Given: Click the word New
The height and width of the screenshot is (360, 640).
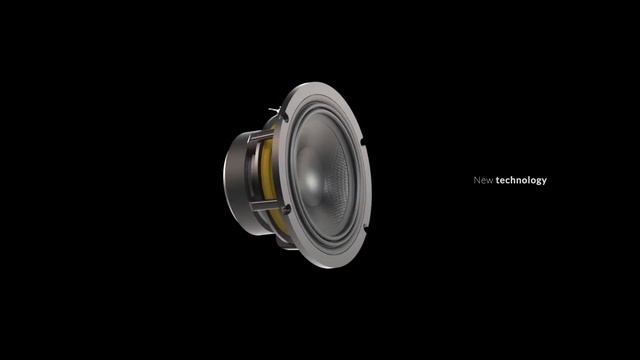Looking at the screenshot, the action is pos(483,180).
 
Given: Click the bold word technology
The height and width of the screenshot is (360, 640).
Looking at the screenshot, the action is pos(521,180).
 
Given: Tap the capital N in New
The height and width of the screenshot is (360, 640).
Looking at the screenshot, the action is pos(476,180).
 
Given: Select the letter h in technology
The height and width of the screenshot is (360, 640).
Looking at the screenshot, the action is pos(513,180).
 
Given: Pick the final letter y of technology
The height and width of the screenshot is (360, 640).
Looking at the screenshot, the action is pos(544,182).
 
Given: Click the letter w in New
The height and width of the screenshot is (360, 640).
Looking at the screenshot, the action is pos(490,181).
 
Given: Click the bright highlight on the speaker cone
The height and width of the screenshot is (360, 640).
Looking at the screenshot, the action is pos(310,180).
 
